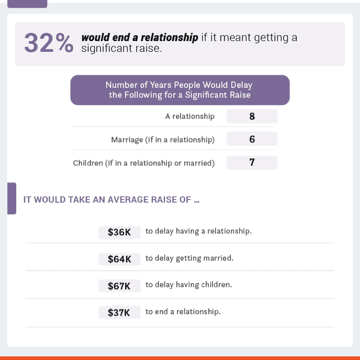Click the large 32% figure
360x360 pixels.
[49, 43]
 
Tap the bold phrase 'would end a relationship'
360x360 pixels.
[139, 38]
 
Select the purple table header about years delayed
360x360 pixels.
[179, 90]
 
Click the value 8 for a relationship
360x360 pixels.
[252, 116]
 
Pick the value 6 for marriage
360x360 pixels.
[252, 139]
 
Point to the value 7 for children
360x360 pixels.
[252, 163]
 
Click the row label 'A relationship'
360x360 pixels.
[190, 116]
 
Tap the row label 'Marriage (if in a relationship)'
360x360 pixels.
[163, 139]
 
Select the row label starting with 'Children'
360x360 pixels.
[143, 163]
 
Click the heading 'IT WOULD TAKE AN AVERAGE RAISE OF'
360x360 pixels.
[111, 200]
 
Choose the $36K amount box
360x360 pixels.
[119, 232]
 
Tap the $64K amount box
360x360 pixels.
[119, 259]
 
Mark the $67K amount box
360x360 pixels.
[119, 286]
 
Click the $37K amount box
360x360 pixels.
[119, 313]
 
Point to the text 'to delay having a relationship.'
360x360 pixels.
[199, 231]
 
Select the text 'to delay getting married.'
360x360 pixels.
[189, 258]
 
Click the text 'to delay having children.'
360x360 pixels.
[189, 285]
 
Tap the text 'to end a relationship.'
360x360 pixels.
[183, 312]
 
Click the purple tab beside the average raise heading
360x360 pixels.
[11, 198]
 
